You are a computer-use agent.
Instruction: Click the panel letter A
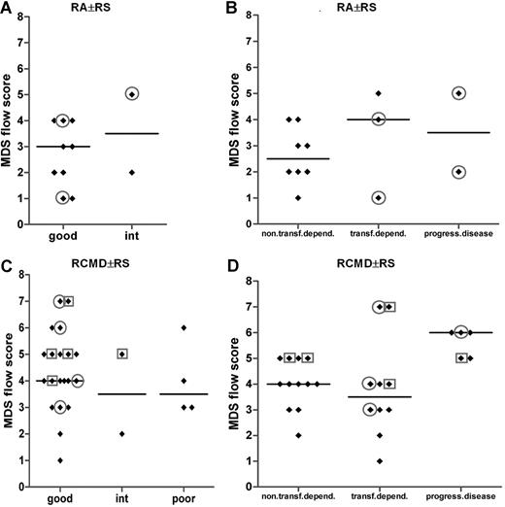point(8,9)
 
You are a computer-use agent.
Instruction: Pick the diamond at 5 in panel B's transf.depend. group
point(379,94)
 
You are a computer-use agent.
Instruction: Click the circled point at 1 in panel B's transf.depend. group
point(379,198)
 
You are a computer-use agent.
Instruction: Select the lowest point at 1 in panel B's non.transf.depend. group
point(298,198)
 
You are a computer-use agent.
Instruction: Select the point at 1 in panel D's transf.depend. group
point(379,460)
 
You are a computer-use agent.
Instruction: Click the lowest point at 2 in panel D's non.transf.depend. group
point(299,434)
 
